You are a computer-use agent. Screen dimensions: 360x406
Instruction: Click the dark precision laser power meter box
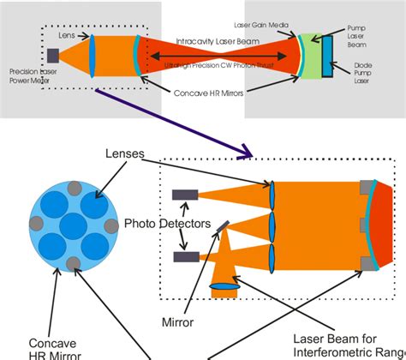53,56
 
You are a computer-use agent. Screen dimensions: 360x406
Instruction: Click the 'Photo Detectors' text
168,224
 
